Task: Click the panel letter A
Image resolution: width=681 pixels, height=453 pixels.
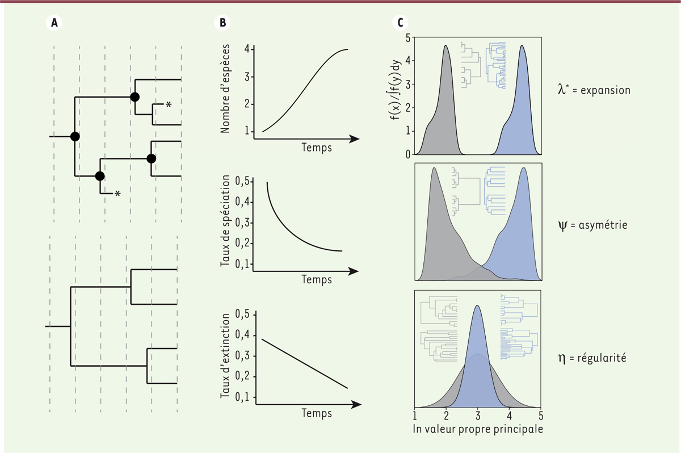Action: point(54,23)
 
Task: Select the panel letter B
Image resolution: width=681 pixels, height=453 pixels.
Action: point(222,23)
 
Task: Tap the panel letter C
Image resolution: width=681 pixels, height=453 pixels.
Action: point(401,23)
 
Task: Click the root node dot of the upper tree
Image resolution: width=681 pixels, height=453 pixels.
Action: point(74,137)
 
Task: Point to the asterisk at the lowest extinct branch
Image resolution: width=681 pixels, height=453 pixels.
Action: point(117,194)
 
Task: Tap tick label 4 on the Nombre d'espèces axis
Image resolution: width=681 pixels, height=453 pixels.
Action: point(247,49)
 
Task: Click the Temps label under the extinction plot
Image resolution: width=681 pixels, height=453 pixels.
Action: point(317,413)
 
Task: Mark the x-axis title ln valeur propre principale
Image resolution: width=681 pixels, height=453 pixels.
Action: point(478,429)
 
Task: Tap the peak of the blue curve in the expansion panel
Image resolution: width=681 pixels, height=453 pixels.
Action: point(522,46)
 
